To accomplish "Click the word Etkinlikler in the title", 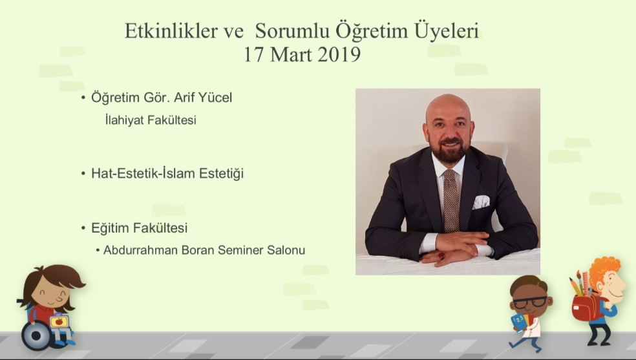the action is tap(171, 31).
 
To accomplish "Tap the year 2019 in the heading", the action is tap(339, 54).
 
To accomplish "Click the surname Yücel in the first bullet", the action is tap(215, 98).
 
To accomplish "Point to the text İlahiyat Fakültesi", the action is tap(151, 120).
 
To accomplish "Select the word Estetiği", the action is tap(222, 173).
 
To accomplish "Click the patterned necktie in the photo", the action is tap(450, 200).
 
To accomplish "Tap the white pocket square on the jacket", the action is tap(481, 202).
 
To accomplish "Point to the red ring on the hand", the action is tap(441, 256).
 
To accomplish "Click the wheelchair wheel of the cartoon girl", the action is tap(36, 335).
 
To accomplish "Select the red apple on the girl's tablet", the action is tap(59, 322).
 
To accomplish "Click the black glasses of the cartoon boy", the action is tap(530, 302).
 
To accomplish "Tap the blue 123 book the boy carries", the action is tap(519, 323).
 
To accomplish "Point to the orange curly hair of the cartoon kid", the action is tap(603, 270).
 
